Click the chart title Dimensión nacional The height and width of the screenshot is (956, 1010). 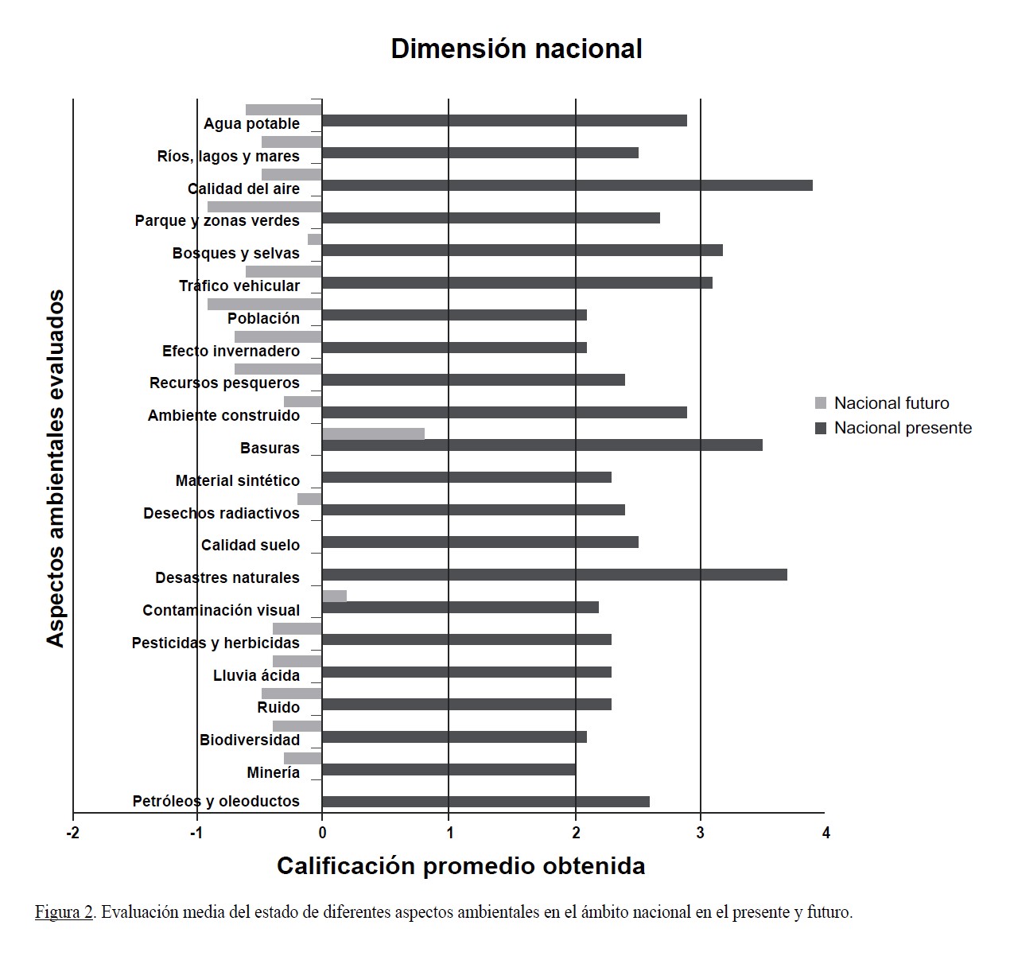click(x=516, y=49)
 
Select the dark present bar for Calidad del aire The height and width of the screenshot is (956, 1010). click(x=567, y=185)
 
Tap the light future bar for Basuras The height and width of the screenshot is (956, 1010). click(x=373, y=433)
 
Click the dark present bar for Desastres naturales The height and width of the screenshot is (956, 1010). click(x=554, y=574)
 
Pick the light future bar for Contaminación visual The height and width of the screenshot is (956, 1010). click(x=334, y=596)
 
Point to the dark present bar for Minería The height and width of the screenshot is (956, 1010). click(x=449, y=769)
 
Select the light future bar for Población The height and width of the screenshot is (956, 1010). click(x=265, y=304)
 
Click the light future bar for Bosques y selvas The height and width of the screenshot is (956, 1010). click(x=315, y=239)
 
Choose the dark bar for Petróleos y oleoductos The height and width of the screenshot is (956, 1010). click(x=485, y=801)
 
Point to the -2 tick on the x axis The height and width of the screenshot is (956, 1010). click(x=73, y=833)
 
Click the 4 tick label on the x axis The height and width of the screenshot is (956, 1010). click(x=825, y=833)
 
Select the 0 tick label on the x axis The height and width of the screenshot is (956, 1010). click(x=322, y=833)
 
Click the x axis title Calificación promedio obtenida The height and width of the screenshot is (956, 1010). click(x=460, y=865)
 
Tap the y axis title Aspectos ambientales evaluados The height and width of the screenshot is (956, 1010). click(x=55, y=468)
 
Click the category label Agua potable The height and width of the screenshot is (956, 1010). click(x=251, y=123)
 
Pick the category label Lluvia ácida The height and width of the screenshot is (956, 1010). click(x=256, y=675)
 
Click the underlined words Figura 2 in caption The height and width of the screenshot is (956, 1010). click(x=64, y=911)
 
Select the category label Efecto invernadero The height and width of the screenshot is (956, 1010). click(x=231, y=351)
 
